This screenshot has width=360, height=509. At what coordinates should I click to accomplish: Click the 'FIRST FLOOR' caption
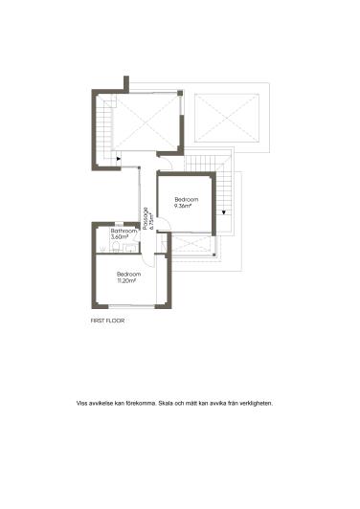point(107,321)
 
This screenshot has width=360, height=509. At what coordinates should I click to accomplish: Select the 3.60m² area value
point(120,236)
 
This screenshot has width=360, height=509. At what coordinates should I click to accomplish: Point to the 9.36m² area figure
point(183,206)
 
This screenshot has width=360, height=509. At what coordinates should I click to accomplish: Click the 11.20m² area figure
point(127,280)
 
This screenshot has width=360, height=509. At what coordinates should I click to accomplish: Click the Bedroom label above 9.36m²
point(184,199)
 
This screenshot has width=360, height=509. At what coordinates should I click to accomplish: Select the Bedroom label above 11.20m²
point(129,275)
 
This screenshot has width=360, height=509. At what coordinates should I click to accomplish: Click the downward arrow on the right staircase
point(223,210)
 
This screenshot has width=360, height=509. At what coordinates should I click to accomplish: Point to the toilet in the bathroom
point(114,248)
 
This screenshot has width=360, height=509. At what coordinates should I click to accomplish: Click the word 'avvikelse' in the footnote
point(101,403)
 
